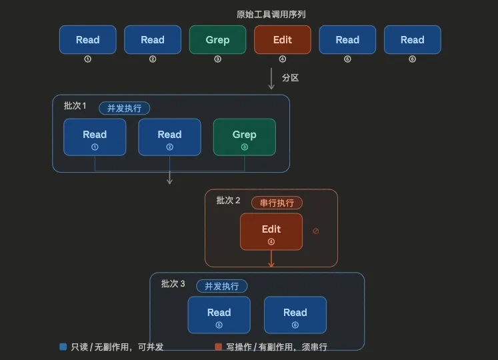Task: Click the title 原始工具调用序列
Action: point(271,14)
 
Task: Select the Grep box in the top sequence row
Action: point(217,39)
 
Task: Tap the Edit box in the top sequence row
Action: point(282,39)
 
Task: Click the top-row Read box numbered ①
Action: point(87,39)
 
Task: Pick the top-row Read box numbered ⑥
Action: point(412,39)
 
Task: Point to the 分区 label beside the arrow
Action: point(290,77)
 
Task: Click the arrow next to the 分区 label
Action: point(271,77)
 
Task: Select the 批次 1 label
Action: point(75,106)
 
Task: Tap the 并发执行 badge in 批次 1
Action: point(125,108)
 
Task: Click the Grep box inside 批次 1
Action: point(244,137)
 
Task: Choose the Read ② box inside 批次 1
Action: point(169,137)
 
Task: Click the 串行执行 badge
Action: point(277,203)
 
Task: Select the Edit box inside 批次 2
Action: point(271,231)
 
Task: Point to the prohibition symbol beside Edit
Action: point(316,231)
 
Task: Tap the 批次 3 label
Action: point(173,284)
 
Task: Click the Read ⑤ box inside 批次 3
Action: point(219,315)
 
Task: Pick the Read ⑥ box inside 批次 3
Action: point(295,315)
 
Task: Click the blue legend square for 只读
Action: point(63,347)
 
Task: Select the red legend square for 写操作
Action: point(218,347)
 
